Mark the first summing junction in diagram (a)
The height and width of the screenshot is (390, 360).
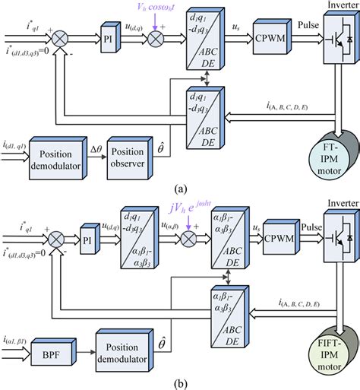pos(77,35)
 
